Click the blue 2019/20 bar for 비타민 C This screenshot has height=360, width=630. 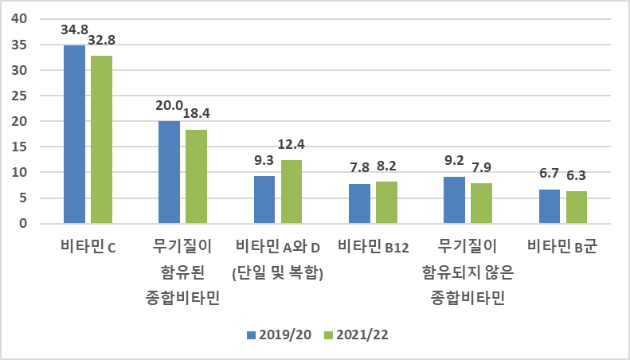tap(74, 134)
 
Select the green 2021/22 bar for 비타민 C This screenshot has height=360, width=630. tap(101, 139)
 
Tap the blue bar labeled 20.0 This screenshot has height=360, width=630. tap(169, 172)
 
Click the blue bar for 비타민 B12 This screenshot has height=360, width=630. tap(359, 203)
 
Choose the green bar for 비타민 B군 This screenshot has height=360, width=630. tap(577, 207)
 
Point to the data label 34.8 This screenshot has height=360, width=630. tap(74, 29)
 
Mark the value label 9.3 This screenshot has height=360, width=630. tap(264, 160)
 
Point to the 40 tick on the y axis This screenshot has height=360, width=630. tap(21, 19)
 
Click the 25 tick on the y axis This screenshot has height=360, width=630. tap(21, 96)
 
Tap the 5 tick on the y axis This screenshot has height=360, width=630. tap(25, 198)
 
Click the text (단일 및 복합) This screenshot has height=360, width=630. tap(277, 273)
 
